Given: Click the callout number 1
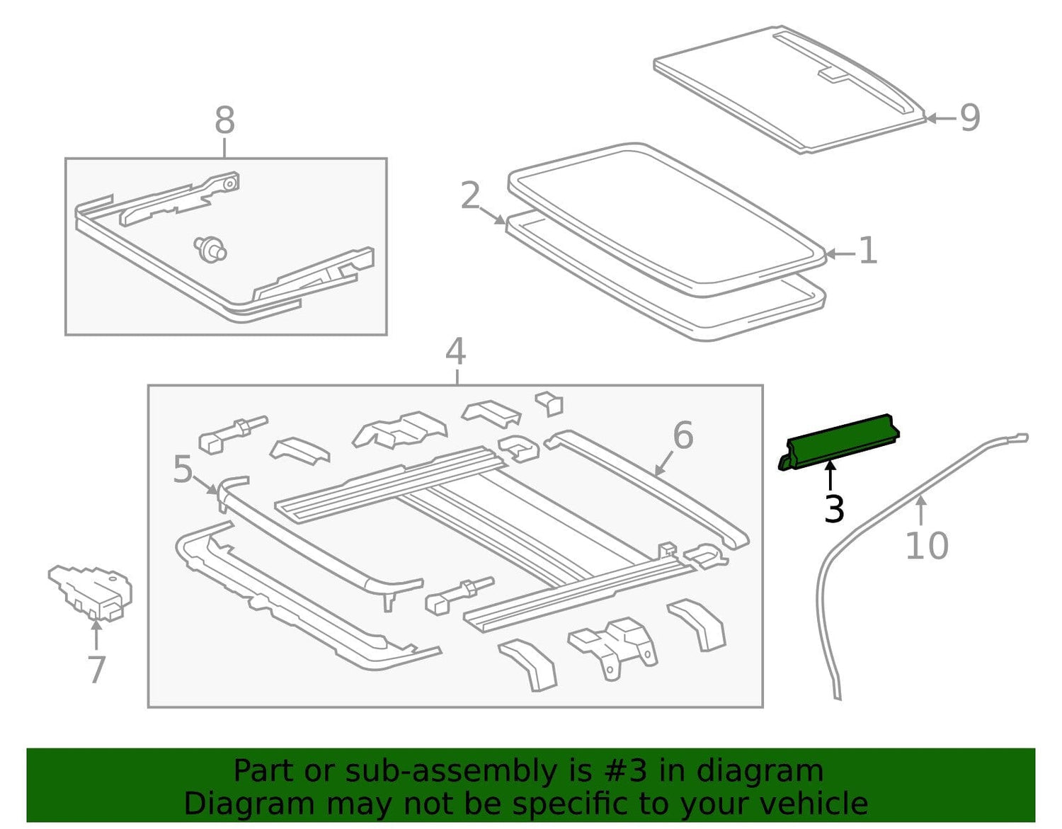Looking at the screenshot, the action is click(867, 251).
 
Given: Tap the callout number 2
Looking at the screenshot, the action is click(471, 195).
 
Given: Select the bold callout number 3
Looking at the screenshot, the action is click(834, 508).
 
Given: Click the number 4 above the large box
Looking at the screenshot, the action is click(455, 353).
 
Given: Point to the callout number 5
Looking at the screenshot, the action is click(183, 469).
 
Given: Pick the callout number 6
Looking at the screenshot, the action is click(683, 435).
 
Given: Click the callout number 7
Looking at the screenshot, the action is click(96, 670).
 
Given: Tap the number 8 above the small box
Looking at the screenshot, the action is click(225, 120).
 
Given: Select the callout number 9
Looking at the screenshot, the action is click(970, 118).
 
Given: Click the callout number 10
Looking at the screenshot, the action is click(927, 546).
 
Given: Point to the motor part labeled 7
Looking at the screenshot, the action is click(91, 593).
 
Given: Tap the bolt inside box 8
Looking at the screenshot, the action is click(210, 248).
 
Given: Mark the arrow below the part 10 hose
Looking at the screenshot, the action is click(921, 513).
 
